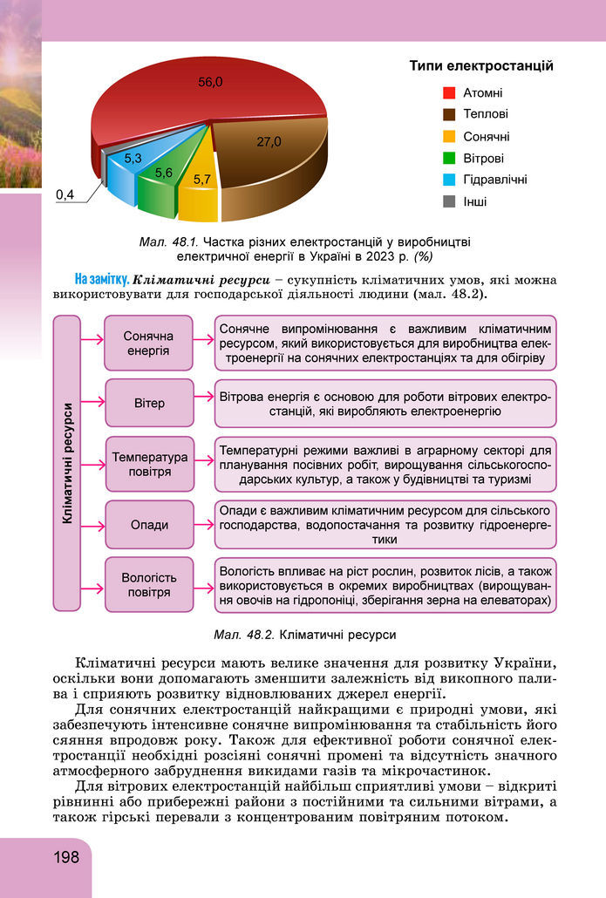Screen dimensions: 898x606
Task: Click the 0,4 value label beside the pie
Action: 65,194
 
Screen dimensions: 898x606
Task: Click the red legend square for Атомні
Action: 449,92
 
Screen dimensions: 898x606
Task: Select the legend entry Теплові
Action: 485,114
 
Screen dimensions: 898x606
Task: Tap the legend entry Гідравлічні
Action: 494,180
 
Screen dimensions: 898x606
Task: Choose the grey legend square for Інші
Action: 449,201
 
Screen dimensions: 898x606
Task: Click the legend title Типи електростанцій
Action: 481,65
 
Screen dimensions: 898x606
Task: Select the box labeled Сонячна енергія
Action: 148,344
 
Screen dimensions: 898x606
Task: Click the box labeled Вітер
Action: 148,403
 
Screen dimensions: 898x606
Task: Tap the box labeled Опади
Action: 148,525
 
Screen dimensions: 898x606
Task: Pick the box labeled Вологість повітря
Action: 148,585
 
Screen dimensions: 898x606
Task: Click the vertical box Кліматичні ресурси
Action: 67,464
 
